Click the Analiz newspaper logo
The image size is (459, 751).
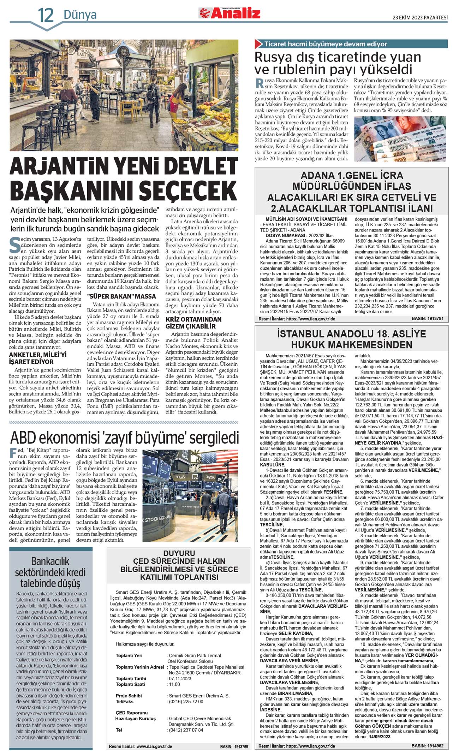(230, 13)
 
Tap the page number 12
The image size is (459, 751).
(46, 15)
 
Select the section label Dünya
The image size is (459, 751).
(80, 15)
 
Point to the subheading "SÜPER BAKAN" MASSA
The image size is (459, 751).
(121, 297)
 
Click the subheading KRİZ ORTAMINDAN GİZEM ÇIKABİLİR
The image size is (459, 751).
(193, 322)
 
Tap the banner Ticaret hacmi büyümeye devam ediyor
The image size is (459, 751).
(326, 44)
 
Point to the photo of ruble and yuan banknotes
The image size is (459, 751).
(400, 139)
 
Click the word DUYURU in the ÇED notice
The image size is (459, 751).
(179, 553)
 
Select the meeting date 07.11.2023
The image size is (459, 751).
(180, 679)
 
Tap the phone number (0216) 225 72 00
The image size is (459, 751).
(186, 702)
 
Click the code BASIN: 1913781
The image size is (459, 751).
(427, 319)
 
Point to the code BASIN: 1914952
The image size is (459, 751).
(427, 746)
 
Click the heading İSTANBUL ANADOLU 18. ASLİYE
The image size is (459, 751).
(351, 334)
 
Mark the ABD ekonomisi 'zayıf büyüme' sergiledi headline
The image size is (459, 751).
(124, 438)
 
